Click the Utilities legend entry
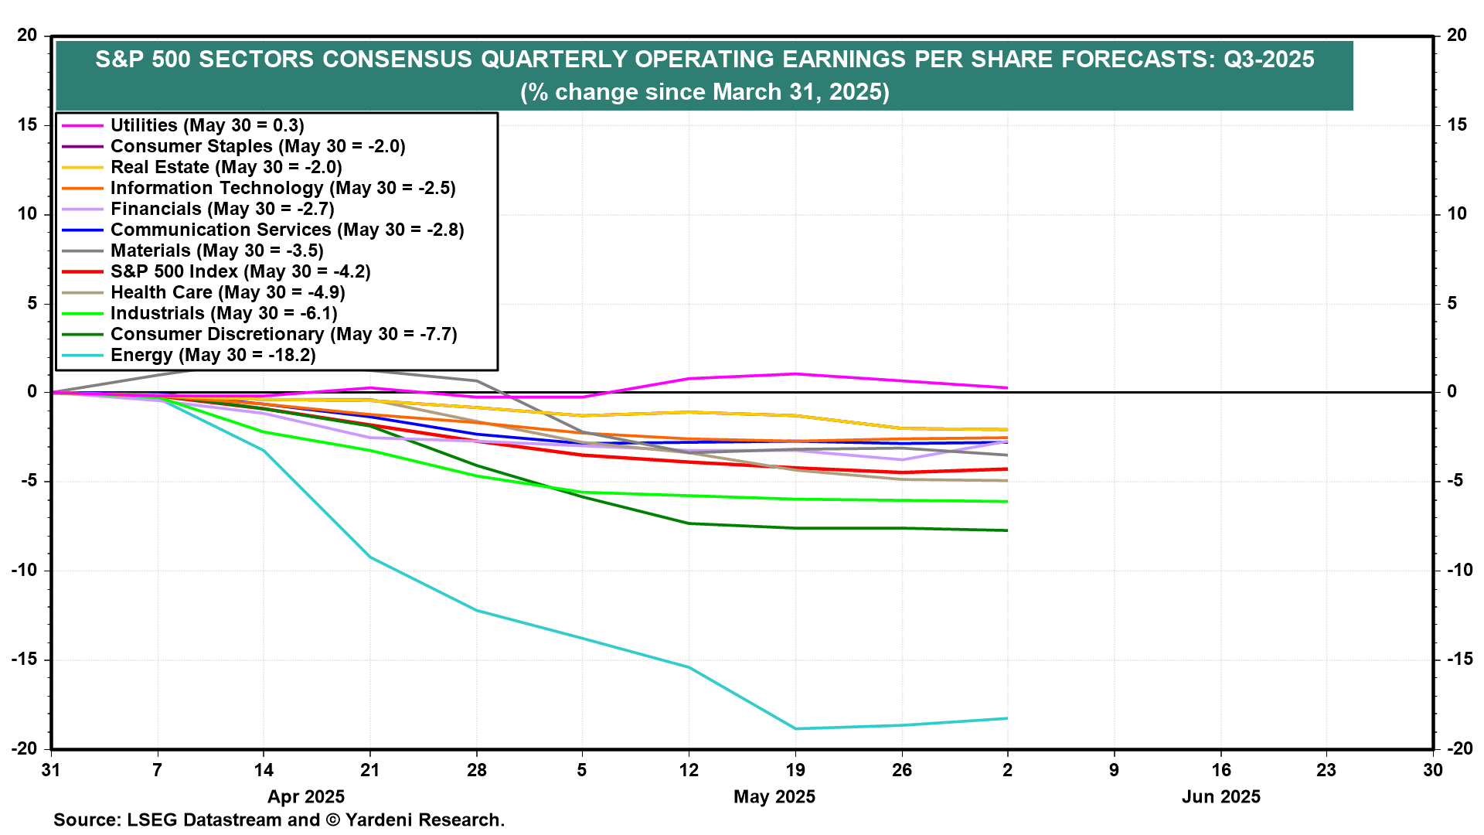(207, 125)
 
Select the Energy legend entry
(213, 355)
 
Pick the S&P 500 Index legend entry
(240, 271)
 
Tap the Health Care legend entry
(227, 292)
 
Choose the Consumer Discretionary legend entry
(284, 334)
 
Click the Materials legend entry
(216, 250)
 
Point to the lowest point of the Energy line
(795, 728)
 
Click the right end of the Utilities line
(1007, 387)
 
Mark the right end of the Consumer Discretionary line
(1007, 530)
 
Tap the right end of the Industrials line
(1007, 502)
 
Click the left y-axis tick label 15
(27, 125)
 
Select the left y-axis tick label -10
(24, 571)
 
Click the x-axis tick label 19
(795, 770)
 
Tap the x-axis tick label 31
(51, 770)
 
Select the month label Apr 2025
(306, 796)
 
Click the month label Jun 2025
(1220, 796)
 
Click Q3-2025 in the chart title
(1268, 60)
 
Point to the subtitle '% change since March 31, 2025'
(704, 92)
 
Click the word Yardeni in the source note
(380, 820)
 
